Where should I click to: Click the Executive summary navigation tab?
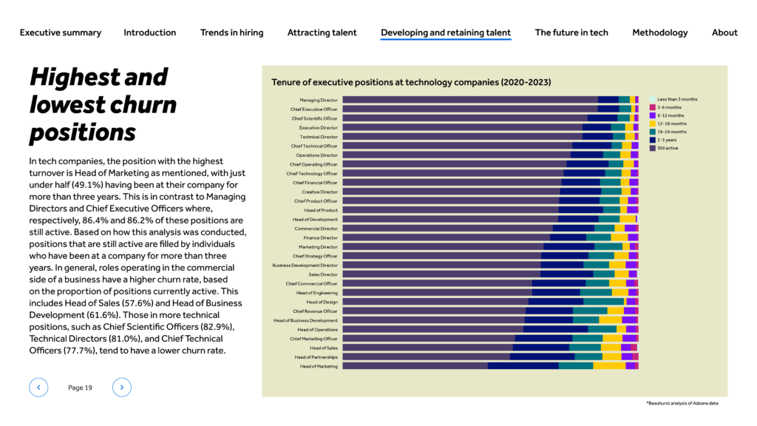click(61, 33)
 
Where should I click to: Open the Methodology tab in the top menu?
click(660, 33)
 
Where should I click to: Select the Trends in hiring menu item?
click(231, 33)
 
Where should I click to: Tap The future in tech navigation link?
click(571, 33)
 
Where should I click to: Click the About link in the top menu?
click(724, 33)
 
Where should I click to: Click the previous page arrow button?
click(38, 388)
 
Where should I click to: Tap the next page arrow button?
click(122, 388)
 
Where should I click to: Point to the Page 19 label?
click(80, 388)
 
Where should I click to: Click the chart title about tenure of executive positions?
click(411, 82)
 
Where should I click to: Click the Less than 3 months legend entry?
click(673, 99)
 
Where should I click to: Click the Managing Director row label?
click(319, 100)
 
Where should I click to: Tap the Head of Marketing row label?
click(319, 366)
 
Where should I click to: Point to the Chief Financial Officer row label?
click(315, 183)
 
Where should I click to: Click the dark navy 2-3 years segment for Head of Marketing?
click(523, 366)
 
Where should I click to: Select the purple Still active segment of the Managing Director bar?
click(470, 100)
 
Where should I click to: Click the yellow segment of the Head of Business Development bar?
click(611, 320)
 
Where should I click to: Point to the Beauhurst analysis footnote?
click(682, 403)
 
